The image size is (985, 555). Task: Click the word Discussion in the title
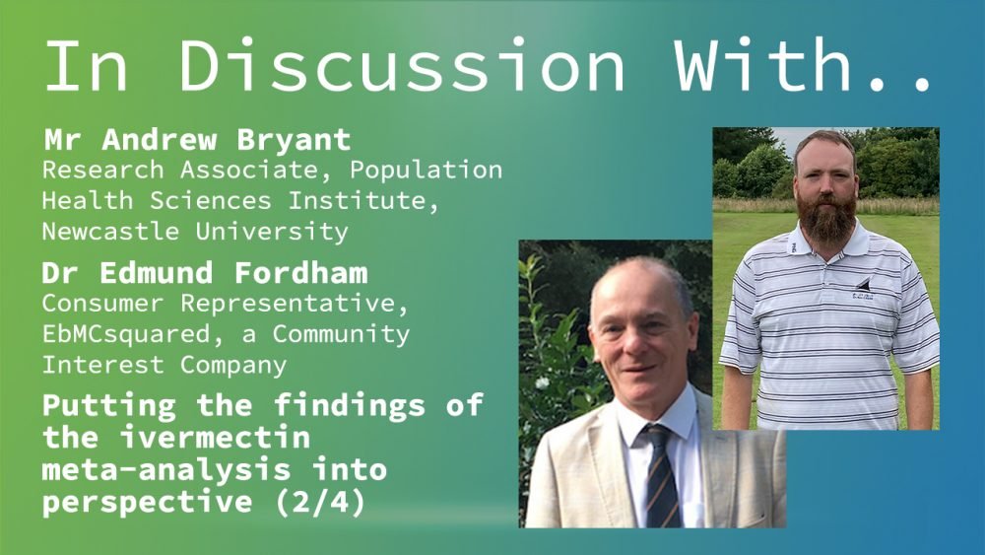(402, 65)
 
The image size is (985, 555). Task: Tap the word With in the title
(762, 65)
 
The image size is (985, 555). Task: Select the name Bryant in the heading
(294, 140)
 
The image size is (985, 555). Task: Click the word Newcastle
(110, 232)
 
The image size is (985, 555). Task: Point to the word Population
(426, 171)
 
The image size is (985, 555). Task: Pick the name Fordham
(301, 273)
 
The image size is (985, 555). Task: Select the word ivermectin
(216, 437)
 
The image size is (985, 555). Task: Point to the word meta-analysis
(166, 469)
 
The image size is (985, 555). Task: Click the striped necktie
(661, 476)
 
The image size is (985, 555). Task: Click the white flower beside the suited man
(542, 382)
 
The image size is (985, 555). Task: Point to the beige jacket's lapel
(601, 465)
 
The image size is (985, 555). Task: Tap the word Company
(233, 366)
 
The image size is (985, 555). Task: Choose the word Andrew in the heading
(160, 140)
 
